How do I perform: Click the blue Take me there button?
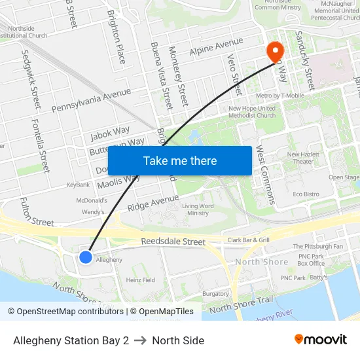180,160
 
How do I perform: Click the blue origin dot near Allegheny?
86,257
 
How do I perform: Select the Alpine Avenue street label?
216,46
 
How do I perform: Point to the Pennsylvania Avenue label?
91,99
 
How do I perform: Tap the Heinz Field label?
141,280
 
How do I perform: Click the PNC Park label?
293,278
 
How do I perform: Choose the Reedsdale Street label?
173,242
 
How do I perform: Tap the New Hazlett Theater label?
303,158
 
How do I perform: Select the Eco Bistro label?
306,194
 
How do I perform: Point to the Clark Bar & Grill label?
248,240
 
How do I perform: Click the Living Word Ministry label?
198,209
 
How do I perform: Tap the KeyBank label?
78,185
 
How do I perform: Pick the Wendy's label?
93,212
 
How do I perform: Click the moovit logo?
321,340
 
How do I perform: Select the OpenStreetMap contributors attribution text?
65,312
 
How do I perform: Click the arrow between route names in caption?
140,340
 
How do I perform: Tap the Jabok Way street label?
110,134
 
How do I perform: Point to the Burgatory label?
215,294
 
